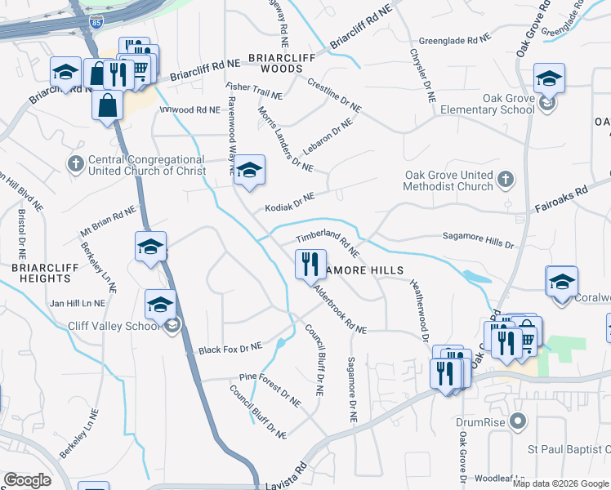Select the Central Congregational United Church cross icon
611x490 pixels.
76,163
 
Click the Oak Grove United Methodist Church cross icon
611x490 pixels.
506,179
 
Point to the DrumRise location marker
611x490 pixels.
516,421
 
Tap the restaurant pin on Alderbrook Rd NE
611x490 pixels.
310,265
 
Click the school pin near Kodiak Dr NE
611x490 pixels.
250,170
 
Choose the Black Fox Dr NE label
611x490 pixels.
230,349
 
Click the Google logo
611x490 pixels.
27,480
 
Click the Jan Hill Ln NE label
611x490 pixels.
78,302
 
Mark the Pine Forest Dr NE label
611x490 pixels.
270,389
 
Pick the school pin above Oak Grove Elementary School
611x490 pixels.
550,79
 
